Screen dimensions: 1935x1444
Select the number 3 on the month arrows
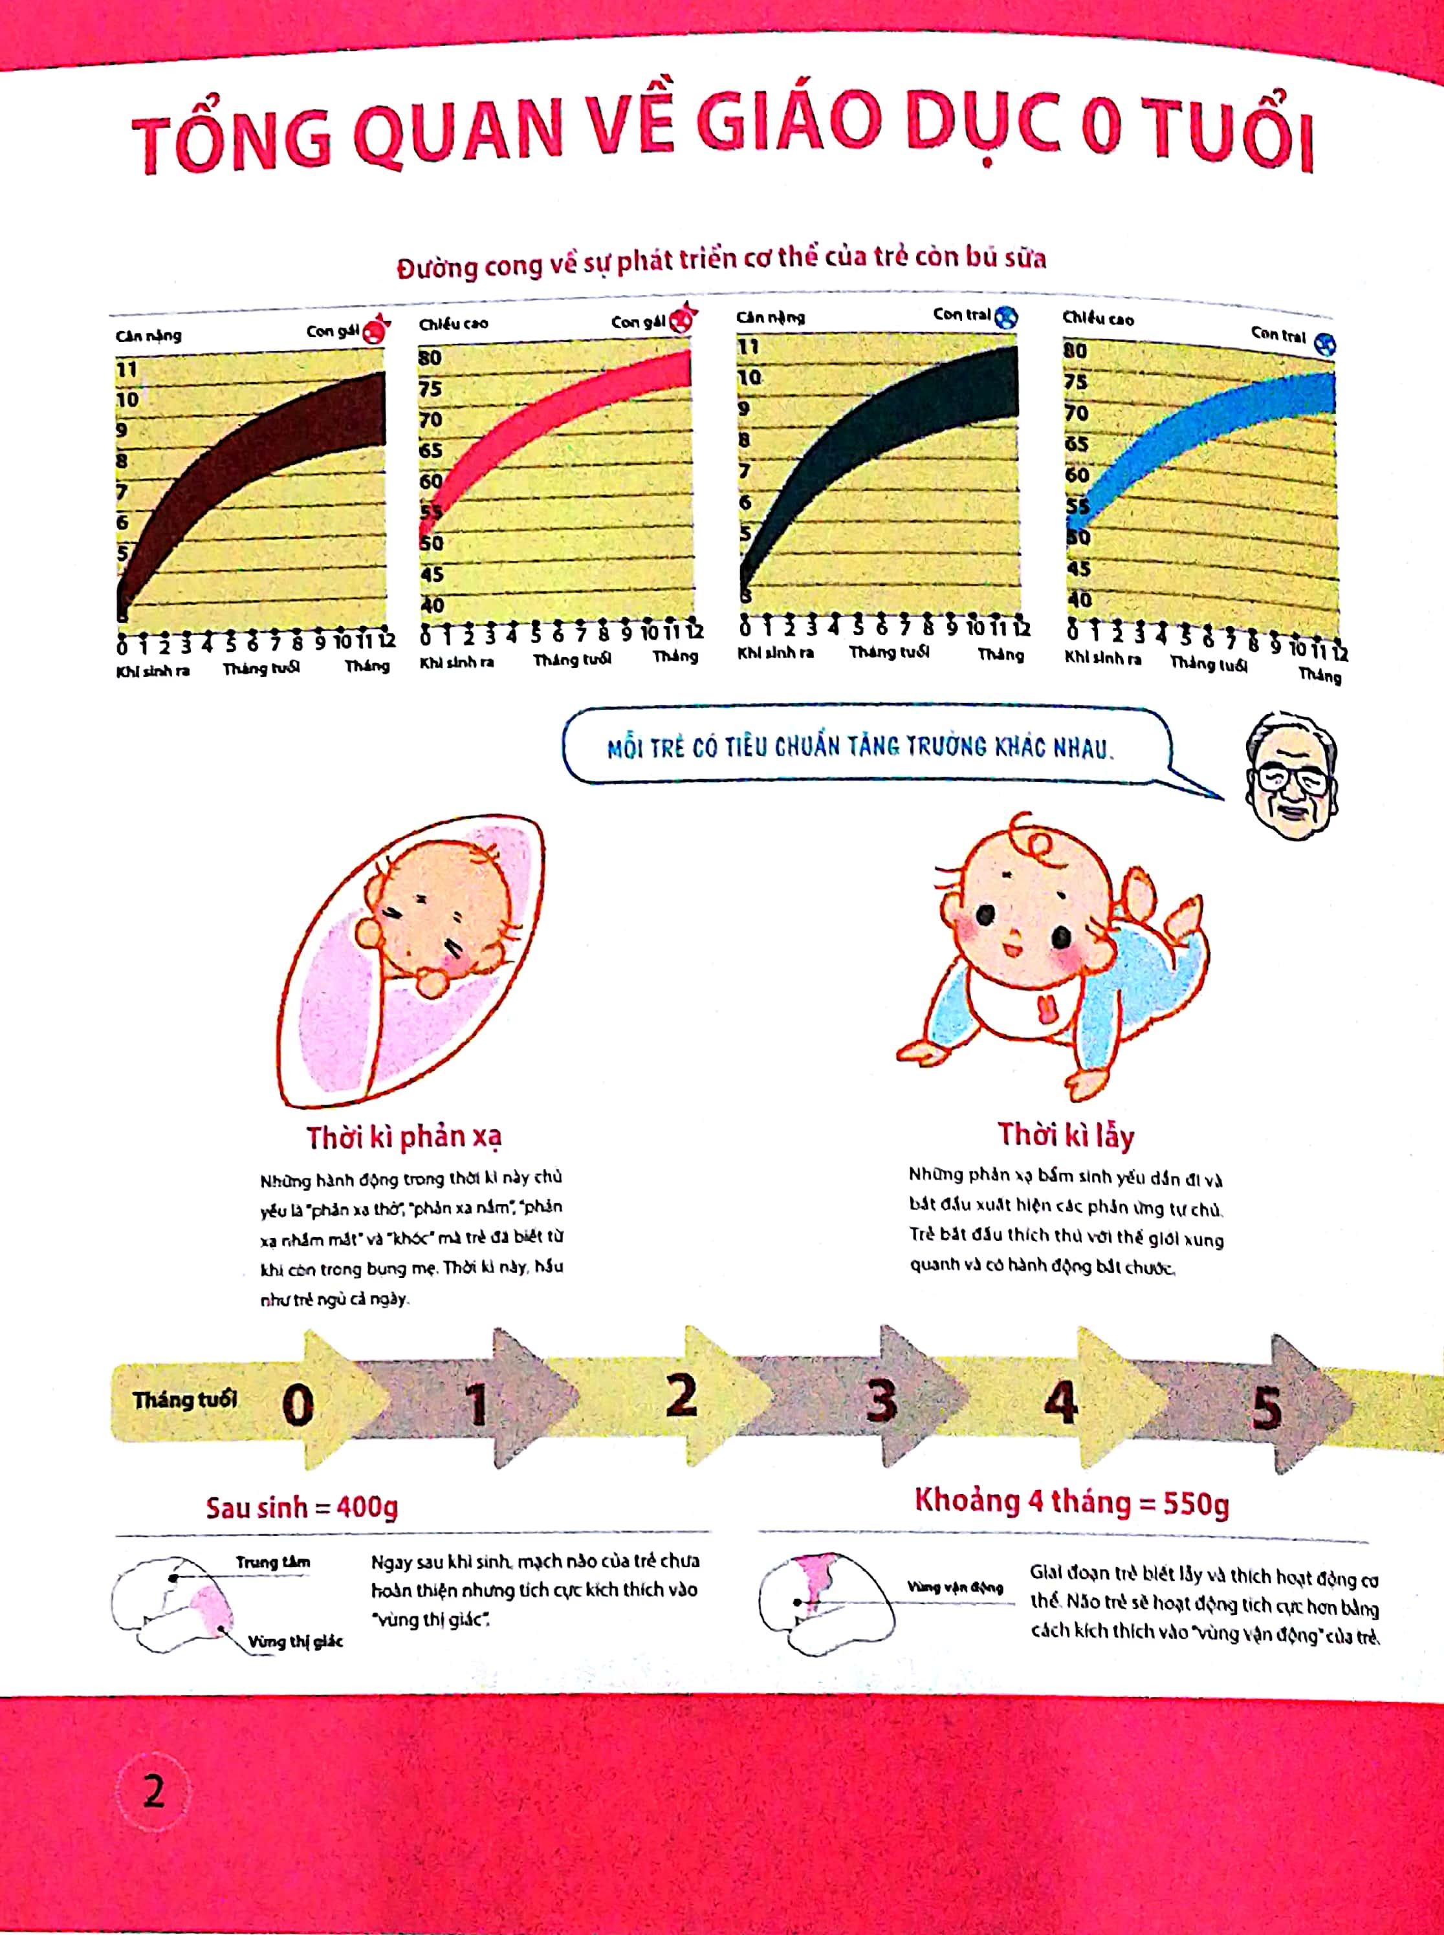click(x=881, y=1401)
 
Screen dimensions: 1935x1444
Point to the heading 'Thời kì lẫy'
click(x=1066, y=1135)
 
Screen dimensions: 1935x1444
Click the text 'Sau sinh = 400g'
click(x=301, y=1507)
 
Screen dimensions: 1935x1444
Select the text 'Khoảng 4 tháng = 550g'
click(x=1071, y=1502)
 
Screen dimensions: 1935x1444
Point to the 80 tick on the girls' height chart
click(x=430, y=357)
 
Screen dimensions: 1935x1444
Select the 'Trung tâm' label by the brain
click(x=273, y=1562)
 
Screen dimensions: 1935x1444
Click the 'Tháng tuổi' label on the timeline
click(x=184, y=1400)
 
